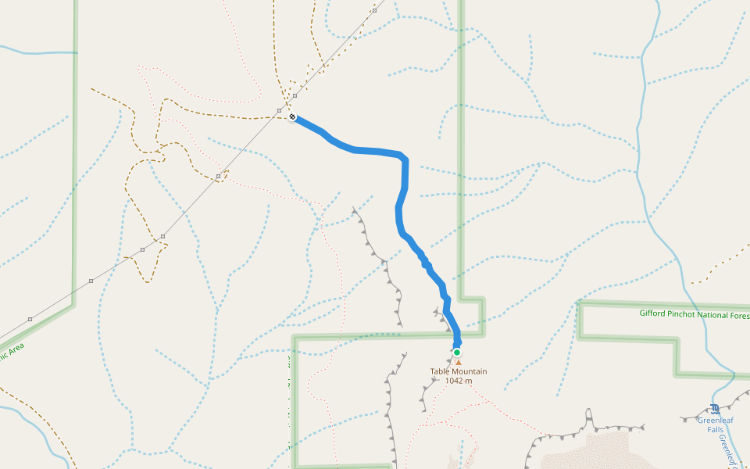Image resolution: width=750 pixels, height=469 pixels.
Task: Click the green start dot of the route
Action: (457, 353)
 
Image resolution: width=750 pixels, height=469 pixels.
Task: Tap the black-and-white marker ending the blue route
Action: (292, 116)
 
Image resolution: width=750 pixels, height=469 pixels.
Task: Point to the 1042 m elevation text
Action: (459, 381)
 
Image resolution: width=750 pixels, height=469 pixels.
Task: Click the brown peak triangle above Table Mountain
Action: (459, 362)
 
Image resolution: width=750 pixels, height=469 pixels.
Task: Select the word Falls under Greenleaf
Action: (715, 429)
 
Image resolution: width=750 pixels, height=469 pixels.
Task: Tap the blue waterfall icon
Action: (715, 408)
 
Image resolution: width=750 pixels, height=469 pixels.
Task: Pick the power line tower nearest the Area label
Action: (30, 319)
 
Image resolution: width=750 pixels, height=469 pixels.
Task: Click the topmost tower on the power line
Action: (375, 11)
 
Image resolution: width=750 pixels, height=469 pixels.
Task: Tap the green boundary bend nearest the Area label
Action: (73, 303)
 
